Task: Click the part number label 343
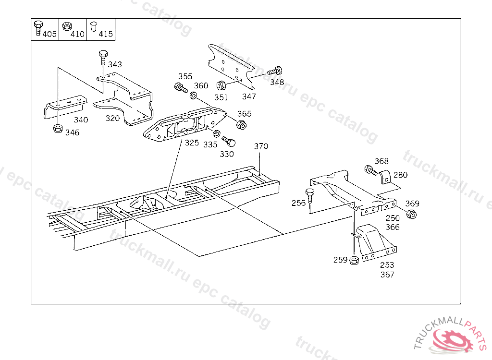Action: coord(115,64)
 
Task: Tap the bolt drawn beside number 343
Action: coord(103,58)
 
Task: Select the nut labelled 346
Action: coord(57,129)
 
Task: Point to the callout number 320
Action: coord(113,118)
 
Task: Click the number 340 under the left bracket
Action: coord(81,120)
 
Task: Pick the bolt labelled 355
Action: coord(181,88)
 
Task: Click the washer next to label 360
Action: coord(193,96)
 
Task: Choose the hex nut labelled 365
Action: coord(241,125)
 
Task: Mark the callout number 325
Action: coord(192,143)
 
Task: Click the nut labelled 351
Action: coord(221,86)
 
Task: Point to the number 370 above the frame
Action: coord(261,146)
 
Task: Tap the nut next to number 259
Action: coord(354,261)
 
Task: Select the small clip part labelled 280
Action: coord(385,177)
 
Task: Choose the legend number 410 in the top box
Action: coord(77,34)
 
